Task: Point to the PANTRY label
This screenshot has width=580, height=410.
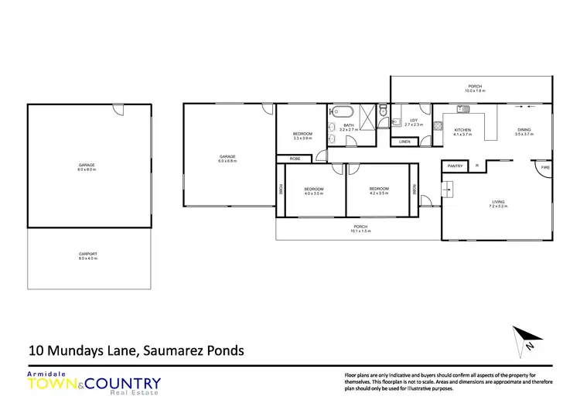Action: [455, 166]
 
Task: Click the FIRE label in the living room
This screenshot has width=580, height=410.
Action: [544, 167]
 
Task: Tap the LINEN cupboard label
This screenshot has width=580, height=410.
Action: [404, 142]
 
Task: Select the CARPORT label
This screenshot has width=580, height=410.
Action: [87, 254]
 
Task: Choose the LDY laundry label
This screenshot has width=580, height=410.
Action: [414, 120]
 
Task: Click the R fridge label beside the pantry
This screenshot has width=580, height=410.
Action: [477, 166]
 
